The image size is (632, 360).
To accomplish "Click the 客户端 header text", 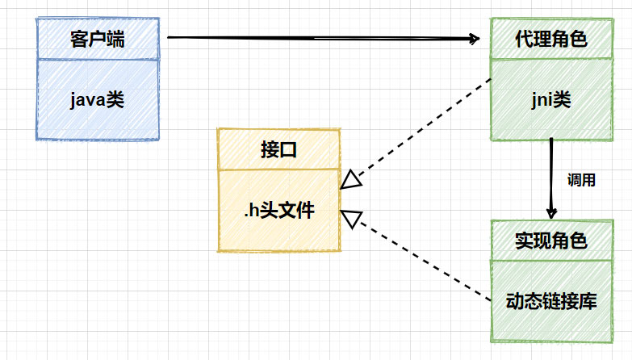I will coord(97,39).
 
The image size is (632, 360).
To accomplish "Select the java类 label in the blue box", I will coord(97,100).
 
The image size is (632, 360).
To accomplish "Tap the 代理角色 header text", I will coord(550,39).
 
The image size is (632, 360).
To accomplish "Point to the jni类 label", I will coord(550,100).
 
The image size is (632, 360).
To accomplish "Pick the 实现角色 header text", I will coord(550,240).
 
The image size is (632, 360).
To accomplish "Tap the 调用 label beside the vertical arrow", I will coord(581,181).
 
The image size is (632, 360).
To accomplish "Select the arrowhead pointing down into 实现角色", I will coord(550,212).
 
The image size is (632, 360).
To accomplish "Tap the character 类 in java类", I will coord(115,100).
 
